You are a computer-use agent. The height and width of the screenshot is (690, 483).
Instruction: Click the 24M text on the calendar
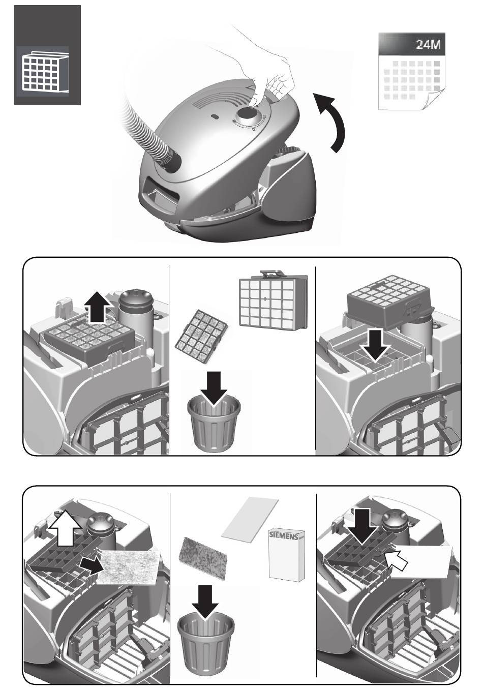(429, 44)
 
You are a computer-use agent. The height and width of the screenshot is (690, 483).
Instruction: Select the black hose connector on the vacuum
(173, 160)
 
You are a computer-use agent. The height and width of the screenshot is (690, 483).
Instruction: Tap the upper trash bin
(214, 424)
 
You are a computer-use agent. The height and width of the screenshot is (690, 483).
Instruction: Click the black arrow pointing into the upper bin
(214, 388)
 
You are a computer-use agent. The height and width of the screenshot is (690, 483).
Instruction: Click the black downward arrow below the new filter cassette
(375, 345)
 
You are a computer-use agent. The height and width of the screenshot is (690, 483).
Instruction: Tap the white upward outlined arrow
(66, 527)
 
